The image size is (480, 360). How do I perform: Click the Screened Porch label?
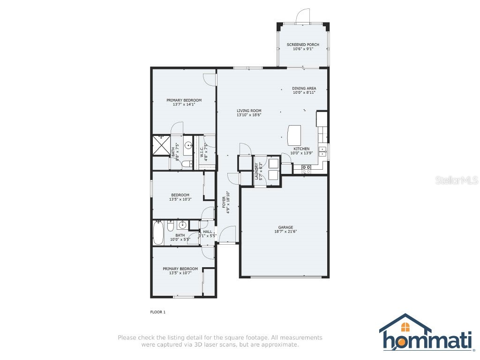click(303, 45)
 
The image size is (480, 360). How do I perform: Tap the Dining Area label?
click(304, 88)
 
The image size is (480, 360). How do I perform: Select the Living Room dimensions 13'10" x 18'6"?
click(249, 115)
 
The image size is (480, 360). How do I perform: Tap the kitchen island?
click(294, 135)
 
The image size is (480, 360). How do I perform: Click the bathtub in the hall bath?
click(158, 233)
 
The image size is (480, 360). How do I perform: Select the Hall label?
click(208, 232)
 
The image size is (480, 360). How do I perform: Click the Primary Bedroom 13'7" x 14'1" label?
click(184, 100)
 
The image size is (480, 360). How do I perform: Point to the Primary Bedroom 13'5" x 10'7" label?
click(180, 269)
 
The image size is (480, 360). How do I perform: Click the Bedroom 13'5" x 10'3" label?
click(180, 195)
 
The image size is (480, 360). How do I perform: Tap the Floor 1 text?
click(157, 312)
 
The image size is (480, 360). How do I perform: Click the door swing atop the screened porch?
click(303, 15)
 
